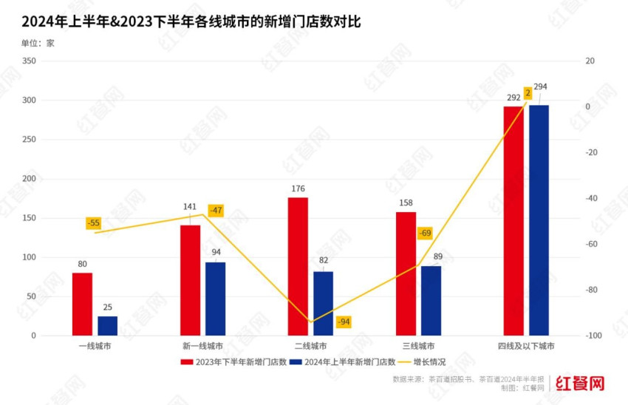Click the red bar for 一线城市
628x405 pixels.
point(82,304)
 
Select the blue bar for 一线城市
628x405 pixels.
point(108,326)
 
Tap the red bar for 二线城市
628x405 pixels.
point(298,266)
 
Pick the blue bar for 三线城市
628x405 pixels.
point(431,300)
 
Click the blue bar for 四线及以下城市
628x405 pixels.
point(539,220)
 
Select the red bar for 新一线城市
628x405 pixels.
point(191,280)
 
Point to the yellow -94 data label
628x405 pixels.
point(344,322)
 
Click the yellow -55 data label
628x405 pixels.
point(94,223)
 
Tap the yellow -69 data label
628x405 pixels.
point(425,234)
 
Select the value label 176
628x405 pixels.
point(298,189)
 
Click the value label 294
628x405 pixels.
point(540,87)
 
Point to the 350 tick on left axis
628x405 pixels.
point(29,61)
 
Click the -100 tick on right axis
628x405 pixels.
point(593,336)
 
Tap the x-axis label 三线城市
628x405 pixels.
point(418,346)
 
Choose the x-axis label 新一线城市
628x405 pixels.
point(202,346)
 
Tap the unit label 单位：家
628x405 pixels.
point(38,43)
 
